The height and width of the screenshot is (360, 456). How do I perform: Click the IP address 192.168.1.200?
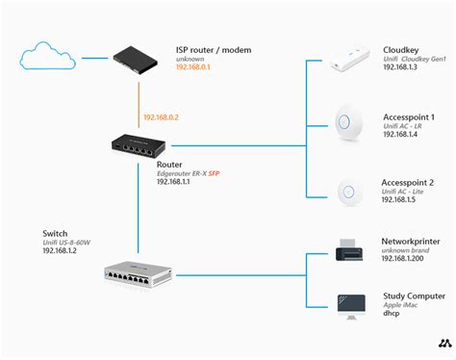click(404, 259)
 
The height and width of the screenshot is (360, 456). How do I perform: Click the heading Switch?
click(56, 233)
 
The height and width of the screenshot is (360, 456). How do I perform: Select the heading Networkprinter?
click(411, 239)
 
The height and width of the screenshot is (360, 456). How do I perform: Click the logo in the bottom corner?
click(444, 343)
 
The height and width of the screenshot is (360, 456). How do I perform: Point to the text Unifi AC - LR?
click(406, 125)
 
